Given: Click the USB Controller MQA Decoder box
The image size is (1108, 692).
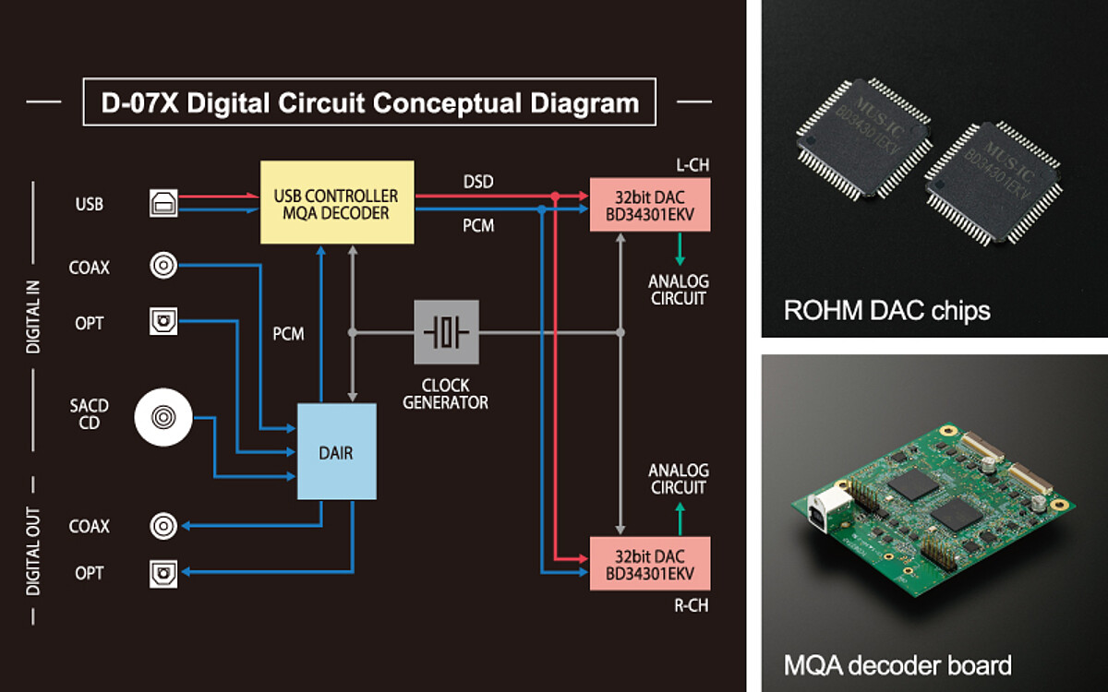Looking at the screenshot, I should [x=337, y=203].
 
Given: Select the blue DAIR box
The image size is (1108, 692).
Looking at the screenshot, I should [x=337, y=452].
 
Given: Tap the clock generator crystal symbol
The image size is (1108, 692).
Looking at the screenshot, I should [x=446, y=331].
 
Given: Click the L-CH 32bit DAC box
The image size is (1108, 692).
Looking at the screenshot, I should [x=650, y=205].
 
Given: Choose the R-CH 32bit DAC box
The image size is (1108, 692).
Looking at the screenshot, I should [x=650, y=563].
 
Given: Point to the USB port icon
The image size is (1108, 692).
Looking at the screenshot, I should [x=163, y=204].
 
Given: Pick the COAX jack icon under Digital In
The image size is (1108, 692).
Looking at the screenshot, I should [x=163, y=267].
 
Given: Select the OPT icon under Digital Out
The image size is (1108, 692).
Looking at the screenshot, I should [x=163, y=574].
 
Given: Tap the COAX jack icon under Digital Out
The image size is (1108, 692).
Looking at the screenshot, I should [x=163, y=526].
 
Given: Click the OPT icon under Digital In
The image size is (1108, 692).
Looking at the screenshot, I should [x=163, y=323].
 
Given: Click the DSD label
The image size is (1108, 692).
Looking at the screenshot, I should [x=478, y=182].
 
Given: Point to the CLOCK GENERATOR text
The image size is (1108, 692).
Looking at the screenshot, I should [x=446, y=394].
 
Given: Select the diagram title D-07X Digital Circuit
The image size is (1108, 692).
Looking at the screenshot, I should [x=369, y=102].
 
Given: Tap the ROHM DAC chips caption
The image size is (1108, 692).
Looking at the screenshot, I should [x=886, y=310].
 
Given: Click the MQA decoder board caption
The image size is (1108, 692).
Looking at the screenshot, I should [x=897, y=664].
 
